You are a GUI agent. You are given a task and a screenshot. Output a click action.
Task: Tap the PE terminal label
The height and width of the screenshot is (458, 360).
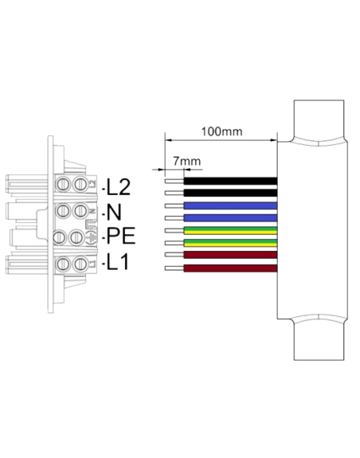120,237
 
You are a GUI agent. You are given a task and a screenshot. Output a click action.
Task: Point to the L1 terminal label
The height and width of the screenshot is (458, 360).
119,263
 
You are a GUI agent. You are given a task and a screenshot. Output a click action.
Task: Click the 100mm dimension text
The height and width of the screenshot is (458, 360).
222,131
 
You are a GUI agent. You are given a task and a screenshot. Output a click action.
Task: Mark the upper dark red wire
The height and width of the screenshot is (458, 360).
230,256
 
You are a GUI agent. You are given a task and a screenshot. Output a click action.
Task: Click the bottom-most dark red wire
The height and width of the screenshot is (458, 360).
230,268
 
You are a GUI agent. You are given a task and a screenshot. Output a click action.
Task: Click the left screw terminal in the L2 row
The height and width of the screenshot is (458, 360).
63,185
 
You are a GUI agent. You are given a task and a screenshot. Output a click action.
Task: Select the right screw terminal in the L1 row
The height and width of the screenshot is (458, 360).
80,263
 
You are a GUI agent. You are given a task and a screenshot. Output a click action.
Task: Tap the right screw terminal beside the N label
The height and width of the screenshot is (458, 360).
80,211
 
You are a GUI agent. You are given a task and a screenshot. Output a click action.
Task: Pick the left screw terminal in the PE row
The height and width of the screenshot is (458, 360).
63,237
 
